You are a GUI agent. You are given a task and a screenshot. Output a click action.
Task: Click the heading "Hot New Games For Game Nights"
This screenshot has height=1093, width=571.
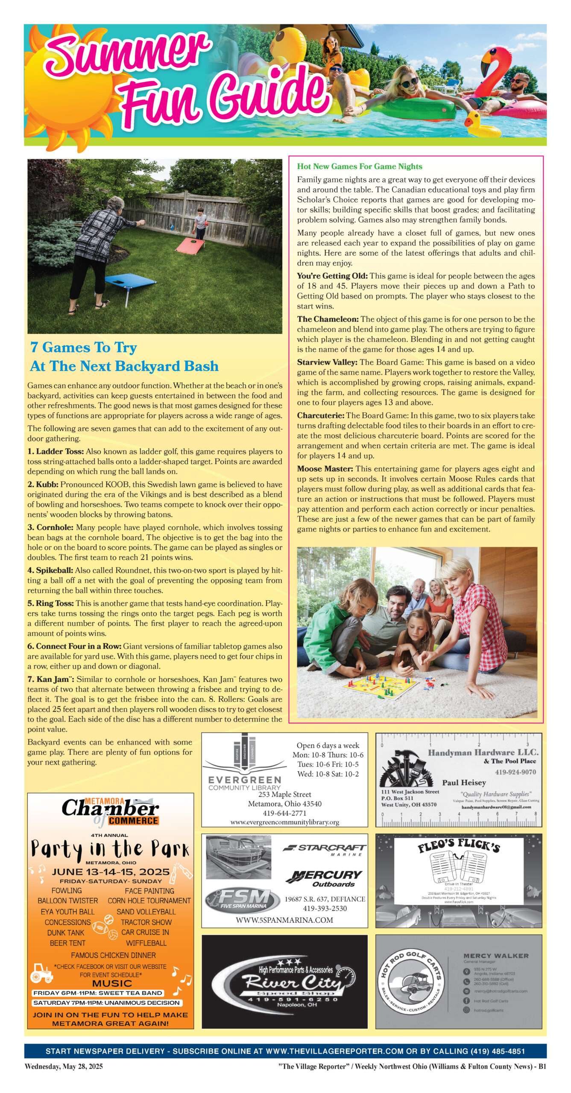pos(360,167)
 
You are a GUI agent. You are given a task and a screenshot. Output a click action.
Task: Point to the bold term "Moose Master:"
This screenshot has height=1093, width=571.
pos(325,469)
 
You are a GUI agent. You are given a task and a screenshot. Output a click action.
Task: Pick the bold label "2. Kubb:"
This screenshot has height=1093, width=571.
pos(43,485)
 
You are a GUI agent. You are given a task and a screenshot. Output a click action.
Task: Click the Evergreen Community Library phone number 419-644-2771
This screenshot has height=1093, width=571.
pos(284,813)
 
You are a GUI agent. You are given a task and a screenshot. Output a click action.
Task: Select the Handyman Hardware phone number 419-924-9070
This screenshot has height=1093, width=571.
pos(515,772)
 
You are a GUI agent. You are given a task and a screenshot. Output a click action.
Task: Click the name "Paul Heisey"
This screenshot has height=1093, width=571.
pos(464,783)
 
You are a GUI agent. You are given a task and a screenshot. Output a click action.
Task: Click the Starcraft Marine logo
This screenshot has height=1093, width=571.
pos(325,848)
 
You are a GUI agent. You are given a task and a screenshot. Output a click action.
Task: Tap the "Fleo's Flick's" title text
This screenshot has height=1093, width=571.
pos(459,845)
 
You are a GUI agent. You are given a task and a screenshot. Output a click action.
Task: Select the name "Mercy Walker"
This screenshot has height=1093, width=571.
pos(496,956)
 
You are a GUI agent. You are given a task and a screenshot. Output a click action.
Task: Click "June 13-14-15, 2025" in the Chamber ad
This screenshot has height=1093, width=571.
pos(111,872)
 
